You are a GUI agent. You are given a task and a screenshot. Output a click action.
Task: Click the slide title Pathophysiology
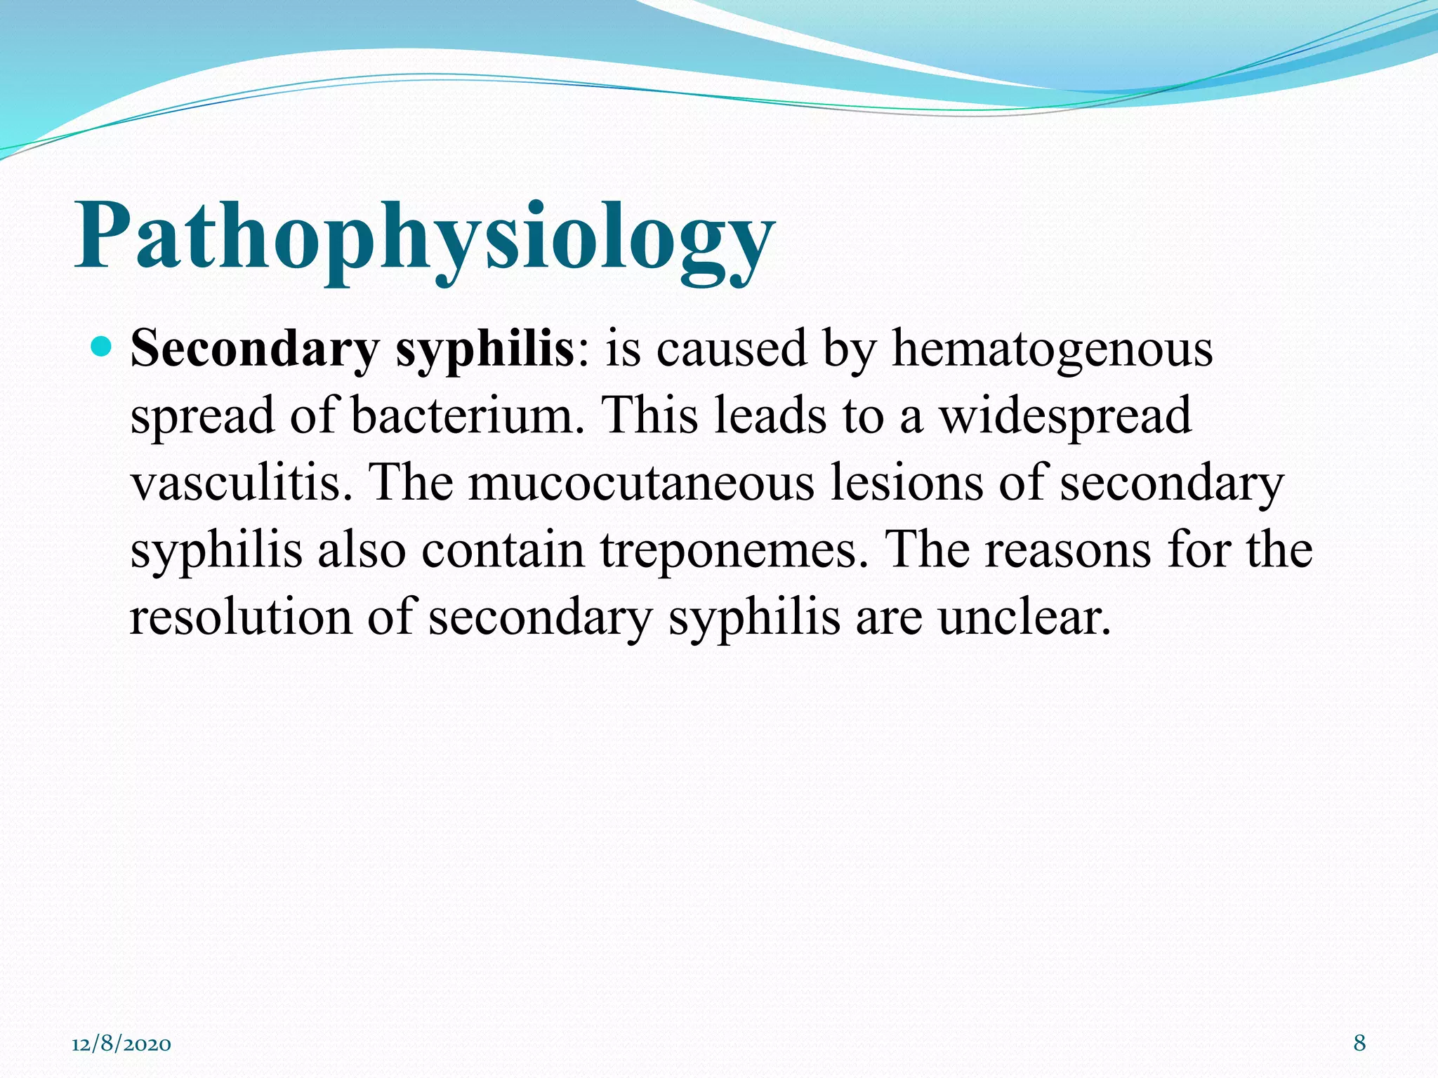[x=424, y=239]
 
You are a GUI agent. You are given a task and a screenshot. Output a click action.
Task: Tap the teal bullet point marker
[x=103, y=346]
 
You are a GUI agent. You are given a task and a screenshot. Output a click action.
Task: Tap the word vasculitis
[x=242, y=483]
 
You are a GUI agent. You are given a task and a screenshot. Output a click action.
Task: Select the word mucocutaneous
[x=641, y=483]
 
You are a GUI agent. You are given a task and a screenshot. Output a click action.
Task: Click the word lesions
[x=906, y=483]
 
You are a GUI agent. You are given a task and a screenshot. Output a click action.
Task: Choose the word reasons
[x=1068, y=550]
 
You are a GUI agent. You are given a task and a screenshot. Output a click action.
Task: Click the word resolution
[x=241, y=617]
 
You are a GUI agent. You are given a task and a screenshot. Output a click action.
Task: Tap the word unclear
[x=1024, y=617]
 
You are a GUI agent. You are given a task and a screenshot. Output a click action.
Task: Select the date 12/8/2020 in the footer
[x=121, y=1044]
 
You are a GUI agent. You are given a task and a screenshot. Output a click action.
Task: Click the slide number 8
[x=1359, y=1043]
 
